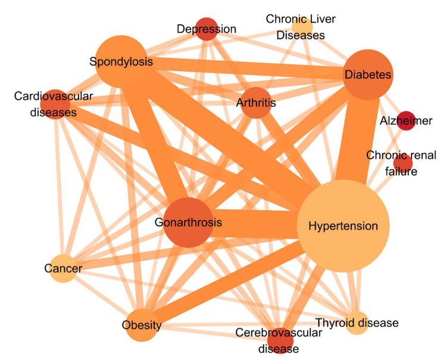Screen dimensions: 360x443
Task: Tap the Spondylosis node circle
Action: point(121,61)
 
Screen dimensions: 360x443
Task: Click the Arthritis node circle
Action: point(255,103)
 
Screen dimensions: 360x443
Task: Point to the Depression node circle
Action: point(206,29)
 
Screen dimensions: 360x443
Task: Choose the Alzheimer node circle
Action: point(406,120)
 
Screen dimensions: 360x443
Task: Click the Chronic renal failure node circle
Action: point(403,162)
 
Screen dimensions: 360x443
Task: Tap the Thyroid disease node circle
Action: point(357,323)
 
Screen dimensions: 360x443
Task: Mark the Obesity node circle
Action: point(142,325)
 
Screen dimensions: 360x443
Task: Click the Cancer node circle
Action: point(63,269)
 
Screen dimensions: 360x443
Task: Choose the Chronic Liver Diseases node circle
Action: point(302,27)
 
